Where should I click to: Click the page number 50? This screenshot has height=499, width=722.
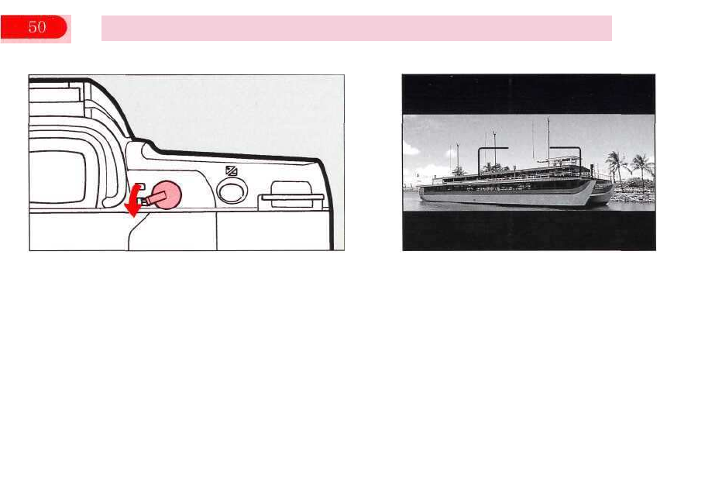pos(36,28)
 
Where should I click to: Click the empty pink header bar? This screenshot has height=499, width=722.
pos(356,28)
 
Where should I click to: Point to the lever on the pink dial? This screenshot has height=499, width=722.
pos(152,201)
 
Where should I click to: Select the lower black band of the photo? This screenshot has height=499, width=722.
pos(528,230)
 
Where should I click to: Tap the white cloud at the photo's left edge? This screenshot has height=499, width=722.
pos(415,172)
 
